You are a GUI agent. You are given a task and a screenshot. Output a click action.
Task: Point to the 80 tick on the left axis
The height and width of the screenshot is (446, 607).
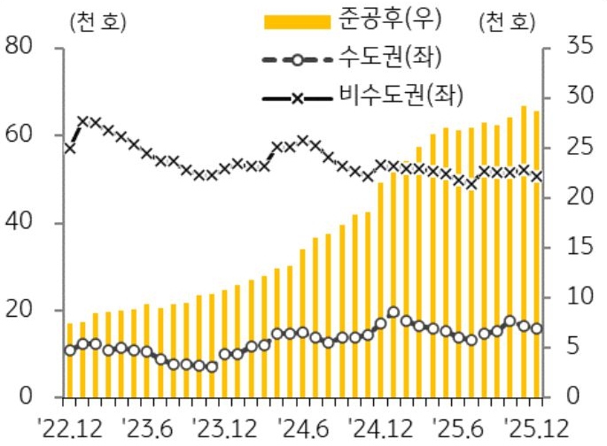(19, 46)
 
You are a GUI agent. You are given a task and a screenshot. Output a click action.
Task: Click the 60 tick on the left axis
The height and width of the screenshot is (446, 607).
(19, 135)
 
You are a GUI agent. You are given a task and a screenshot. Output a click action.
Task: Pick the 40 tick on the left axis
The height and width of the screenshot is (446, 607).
(19, 222)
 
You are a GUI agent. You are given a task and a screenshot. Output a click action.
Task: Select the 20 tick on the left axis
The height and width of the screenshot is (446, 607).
(19, 310)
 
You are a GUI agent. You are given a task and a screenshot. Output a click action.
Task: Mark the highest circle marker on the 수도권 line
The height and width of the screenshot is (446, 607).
(393, 312)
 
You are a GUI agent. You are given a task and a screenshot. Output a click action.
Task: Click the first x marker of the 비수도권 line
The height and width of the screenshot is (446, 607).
(70, 148)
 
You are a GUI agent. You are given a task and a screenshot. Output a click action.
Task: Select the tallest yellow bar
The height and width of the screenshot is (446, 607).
(523, 251)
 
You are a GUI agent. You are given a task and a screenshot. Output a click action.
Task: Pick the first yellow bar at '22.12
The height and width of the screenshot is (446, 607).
(70, 360)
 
